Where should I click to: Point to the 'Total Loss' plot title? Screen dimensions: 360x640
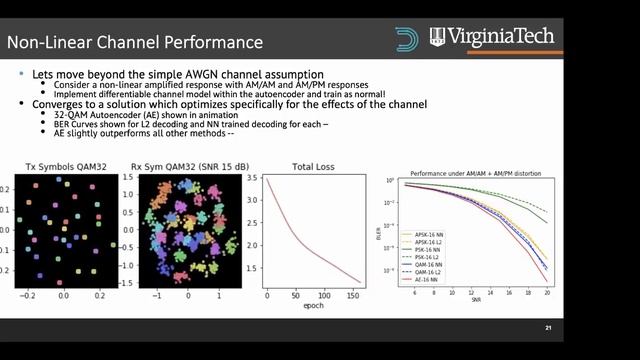click(x=313, y=170)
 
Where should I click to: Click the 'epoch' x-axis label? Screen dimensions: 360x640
click(x=313, y=308)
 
